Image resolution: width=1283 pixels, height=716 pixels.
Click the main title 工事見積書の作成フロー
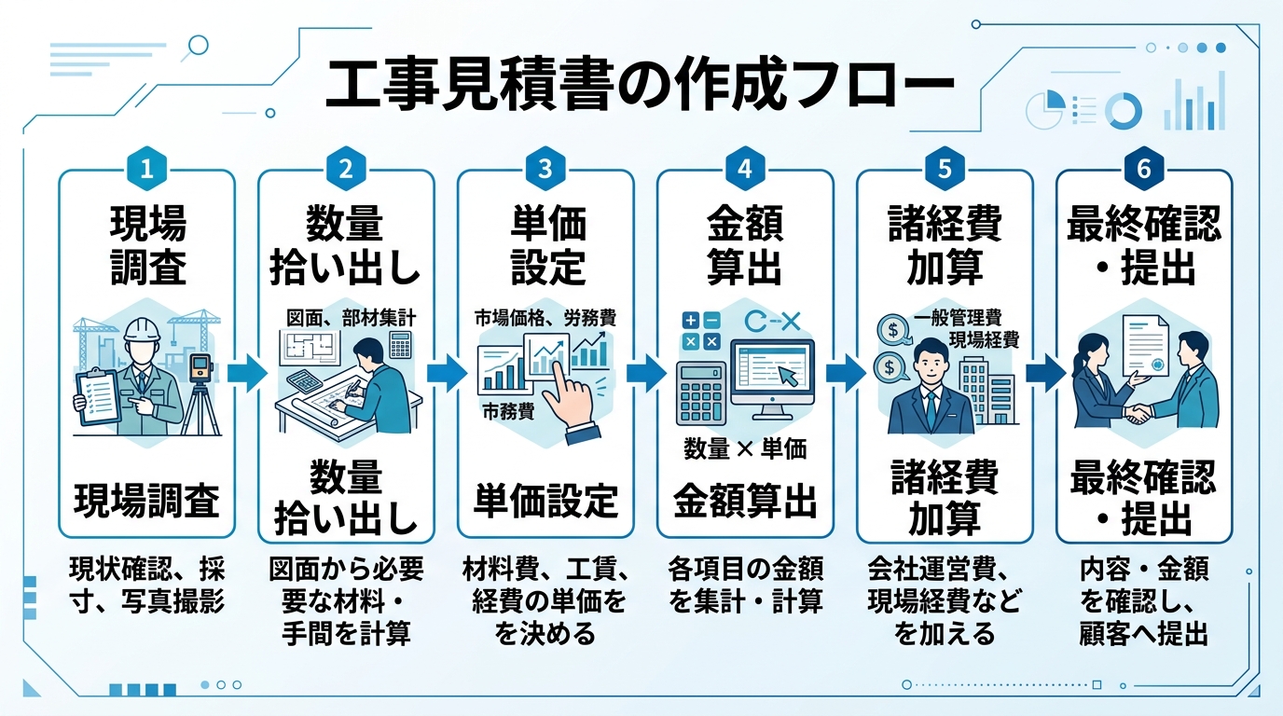point(640,88)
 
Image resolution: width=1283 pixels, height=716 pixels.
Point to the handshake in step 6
point(1138,412)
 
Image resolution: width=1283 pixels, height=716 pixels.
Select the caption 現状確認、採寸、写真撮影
point(146,585)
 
